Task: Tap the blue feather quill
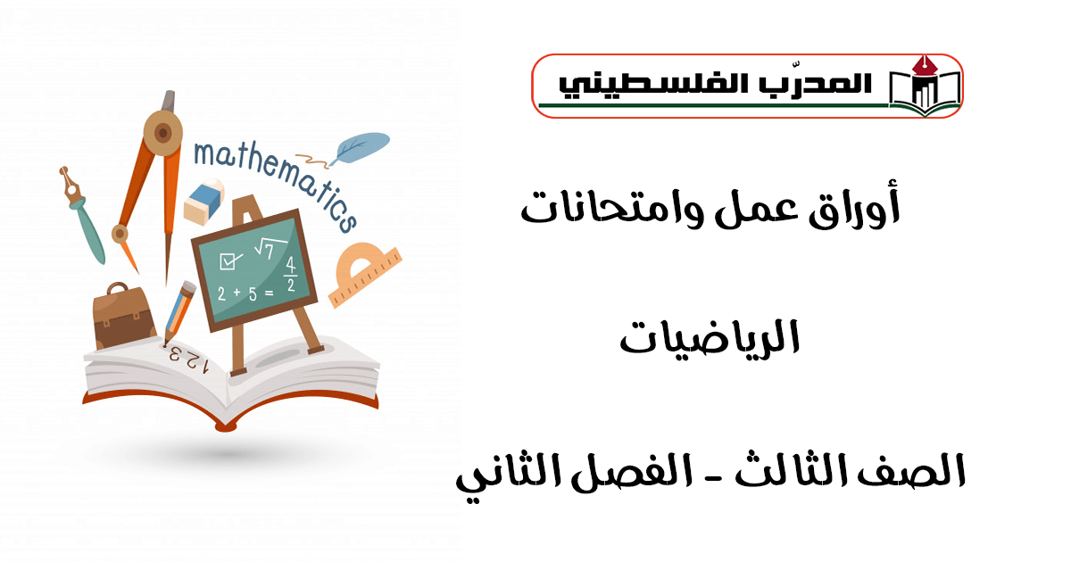[361, 147]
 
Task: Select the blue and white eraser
[204, 202]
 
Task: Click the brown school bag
[123, 317]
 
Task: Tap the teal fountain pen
[82, 214]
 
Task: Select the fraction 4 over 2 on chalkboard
[290, 275]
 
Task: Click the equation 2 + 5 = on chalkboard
[245, 293]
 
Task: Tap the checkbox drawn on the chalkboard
[229, 260]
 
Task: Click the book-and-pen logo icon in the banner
[925, 86]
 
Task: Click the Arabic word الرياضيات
[710, 337]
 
